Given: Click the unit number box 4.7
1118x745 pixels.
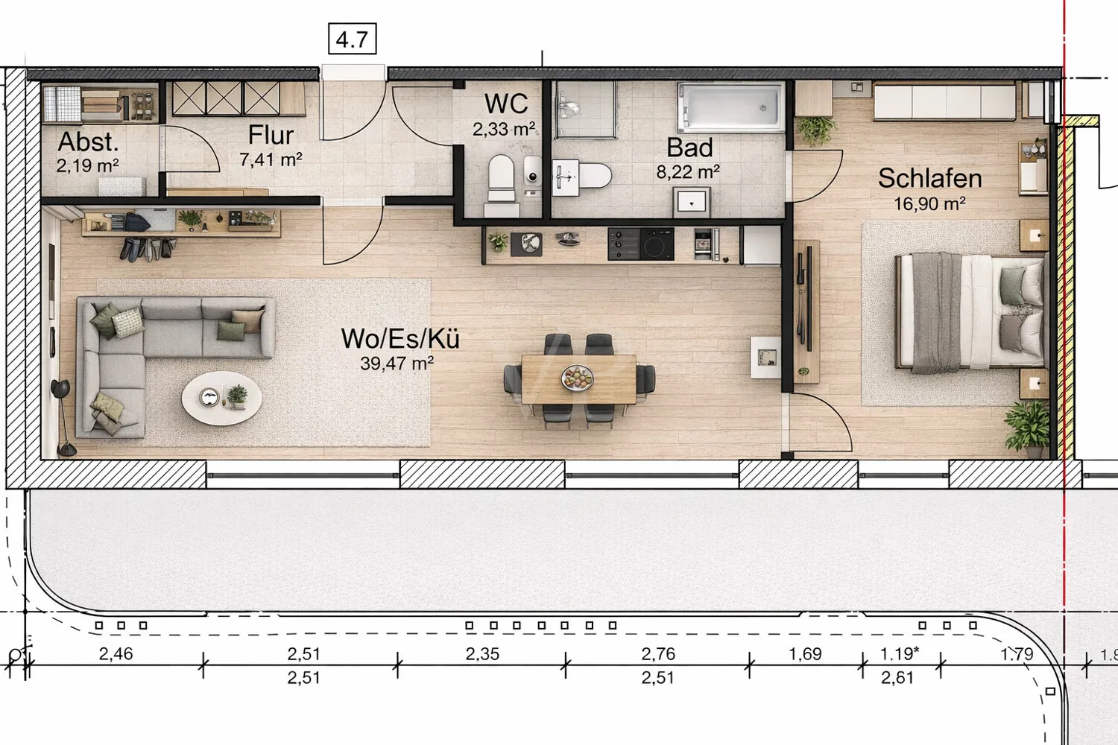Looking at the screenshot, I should tap(352, 39).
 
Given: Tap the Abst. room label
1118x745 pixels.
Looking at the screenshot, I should tap(88, 142).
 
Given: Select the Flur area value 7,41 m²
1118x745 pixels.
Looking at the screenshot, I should tap(271, 159).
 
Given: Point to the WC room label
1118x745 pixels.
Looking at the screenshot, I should tap(506, 104).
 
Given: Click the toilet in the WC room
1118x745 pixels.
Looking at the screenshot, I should tap(501, 179).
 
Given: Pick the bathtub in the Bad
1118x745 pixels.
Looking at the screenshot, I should tap(730, 107).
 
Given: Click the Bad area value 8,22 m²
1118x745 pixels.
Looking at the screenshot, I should tap(688, 172).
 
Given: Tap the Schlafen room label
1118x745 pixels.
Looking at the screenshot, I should tap(929, 178).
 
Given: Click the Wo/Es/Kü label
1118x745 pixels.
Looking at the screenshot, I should tap(400, 338).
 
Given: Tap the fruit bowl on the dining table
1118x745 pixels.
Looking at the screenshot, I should tap(578, 378).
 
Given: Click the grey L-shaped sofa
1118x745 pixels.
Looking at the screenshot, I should tap(149, 350).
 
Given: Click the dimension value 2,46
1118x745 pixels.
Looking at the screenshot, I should tap(116, 654).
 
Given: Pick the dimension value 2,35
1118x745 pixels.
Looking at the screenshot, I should tap(482, 654).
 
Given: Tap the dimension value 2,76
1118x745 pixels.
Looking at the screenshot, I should tap(658, 654).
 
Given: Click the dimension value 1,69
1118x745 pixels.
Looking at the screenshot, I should tap(805, 654).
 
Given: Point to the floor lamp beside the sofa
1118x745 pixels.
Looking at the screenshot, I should tap(63, 417).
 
